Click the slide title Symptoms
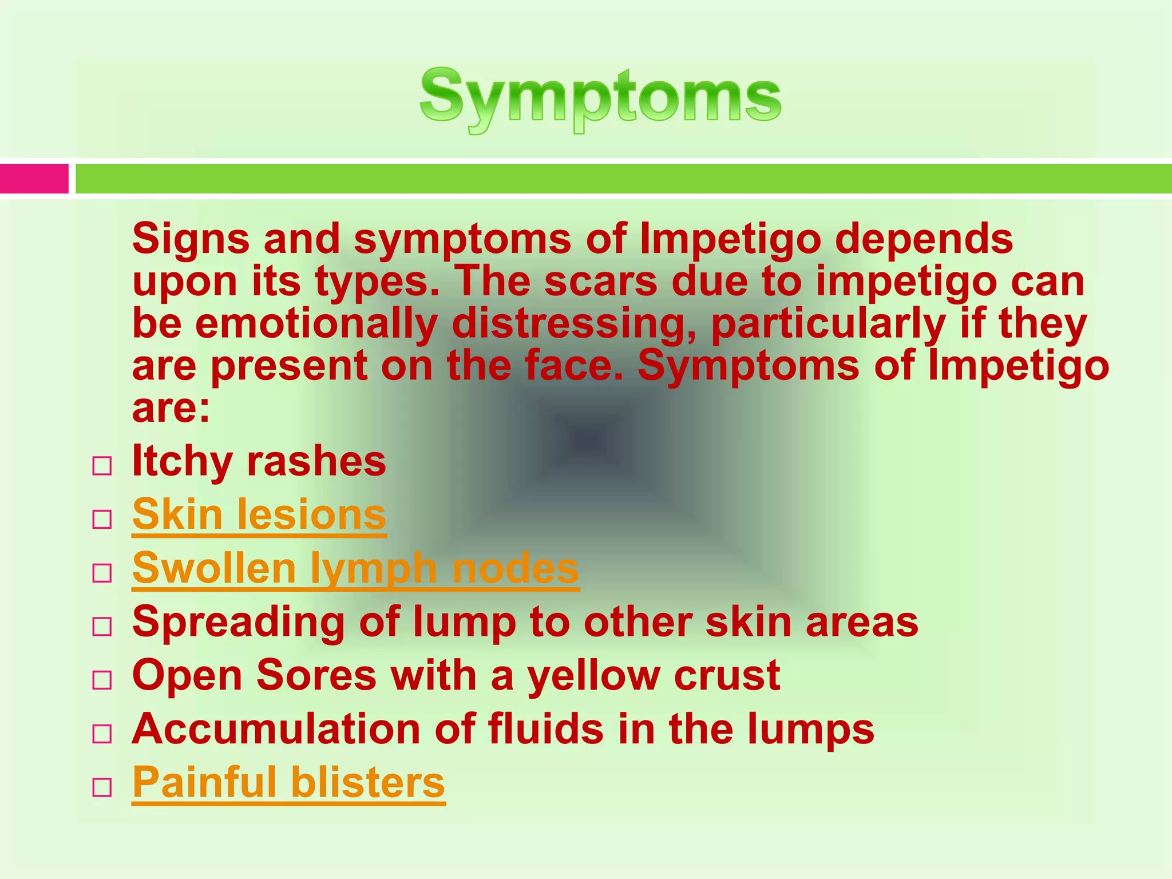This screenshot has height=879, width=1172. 600,99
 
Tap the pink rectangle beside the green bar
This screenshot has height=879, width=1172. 34,179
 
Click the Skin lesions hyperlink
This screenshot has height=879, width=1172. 259,515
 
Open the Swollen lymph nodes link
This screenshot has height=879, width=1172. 355,569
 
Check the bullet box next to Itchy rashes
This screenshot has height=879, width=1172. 102,466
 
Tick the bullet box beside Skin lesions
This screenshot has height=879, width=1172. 102,519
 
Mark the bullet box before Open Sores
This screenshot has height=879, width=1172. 102,680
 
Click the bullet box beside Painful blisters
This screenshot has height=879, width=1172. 102,787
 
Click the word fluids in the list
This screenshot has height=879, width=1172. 545,729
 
